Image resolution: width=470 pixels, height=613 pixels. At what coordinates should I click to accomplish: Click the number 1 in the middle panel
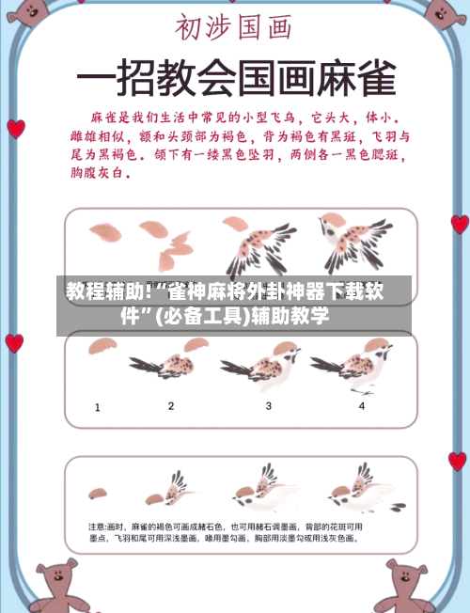point(98,407)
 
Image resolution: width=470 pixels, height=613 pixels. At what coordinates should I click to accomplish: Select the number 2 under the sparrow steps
point(171,406)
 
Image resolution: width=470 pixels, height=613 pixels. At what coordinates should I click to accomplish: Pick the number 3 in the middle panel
point(268,406)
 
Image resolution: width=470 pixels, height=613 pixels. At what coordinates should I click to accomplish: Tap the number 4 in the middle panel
point(362,406)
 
